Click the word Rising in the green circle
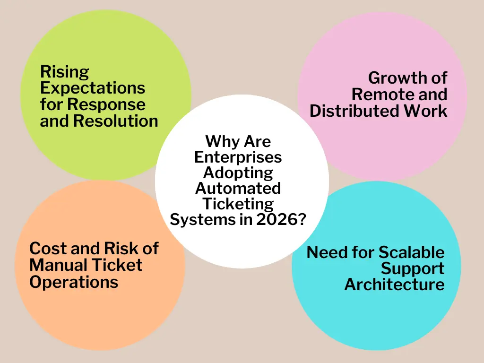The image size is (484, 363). pos(64,72)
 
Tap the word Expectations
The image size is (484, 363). pos(93,88)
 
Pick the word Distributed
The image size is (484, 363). pos(348,111)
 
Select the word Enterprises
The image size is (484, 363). pos(238,157)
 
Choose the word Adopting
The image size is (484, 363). pos(238,173)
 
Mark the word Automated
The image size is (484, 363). pos(238,188)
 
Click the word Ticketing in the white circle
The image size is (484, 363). pos(238,204)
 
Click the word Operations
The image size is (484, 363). pos(73,282)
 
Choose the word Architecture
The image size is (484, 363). pos(394,285)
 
